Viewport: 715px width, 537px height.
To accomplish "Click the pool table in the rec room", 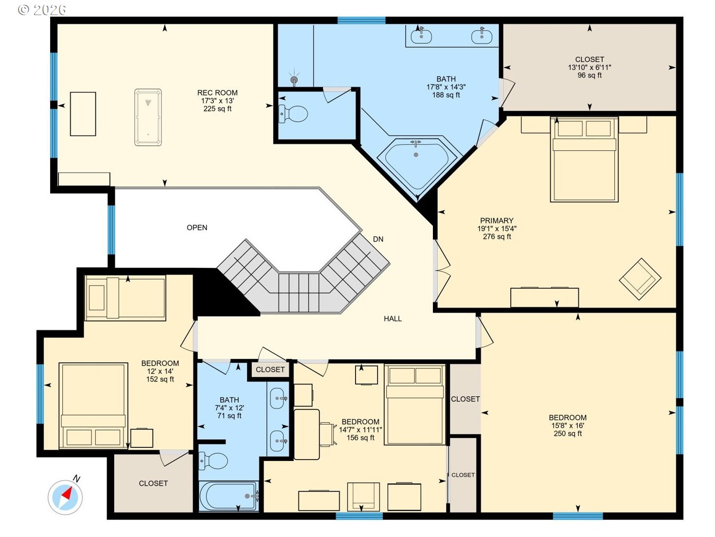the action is (148, 117).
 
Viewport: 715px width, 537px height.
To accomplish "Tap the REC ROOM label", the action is (217, 93).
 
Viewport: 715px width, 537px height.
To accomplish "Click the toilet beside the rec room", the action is (293, 114).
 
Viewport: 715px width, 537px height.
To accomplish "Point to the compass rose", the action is (65, 497).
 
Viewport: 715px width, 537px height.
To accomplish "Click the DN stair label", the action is (378, 240).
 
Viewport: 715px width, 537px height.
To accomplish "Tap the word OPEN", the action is (197, 227).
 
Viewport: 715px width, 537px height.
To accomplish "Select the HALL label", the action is (393, 318).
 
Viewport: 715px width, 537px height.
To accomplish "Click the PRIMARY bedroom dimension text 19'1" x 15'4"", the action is (497, 228).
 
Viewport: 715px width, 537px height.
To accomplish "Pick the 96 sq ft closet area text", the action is (589, 75).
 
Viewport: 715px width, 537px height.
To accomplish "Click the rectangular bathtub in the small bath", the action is (229, 496).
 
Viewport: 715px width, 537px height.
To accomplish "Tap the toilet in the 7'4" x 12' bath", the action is (213, 461).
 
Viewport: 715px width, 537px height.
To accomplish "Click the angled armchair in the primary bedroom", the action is (640, 279).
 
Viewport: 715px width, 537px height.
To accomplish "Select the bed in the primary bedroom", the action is (584, 159).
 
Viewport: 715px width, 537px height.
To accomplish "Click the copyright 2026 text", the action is (42, 10).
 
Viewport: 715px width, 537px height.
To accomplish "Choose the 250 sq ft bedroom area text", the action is (568, 434).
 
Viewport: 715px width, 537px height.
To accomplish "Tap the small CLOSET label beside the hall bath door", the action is (270, 370).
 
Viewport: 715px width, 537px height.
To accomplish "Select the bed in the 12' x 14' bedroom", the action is (93, 406).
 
